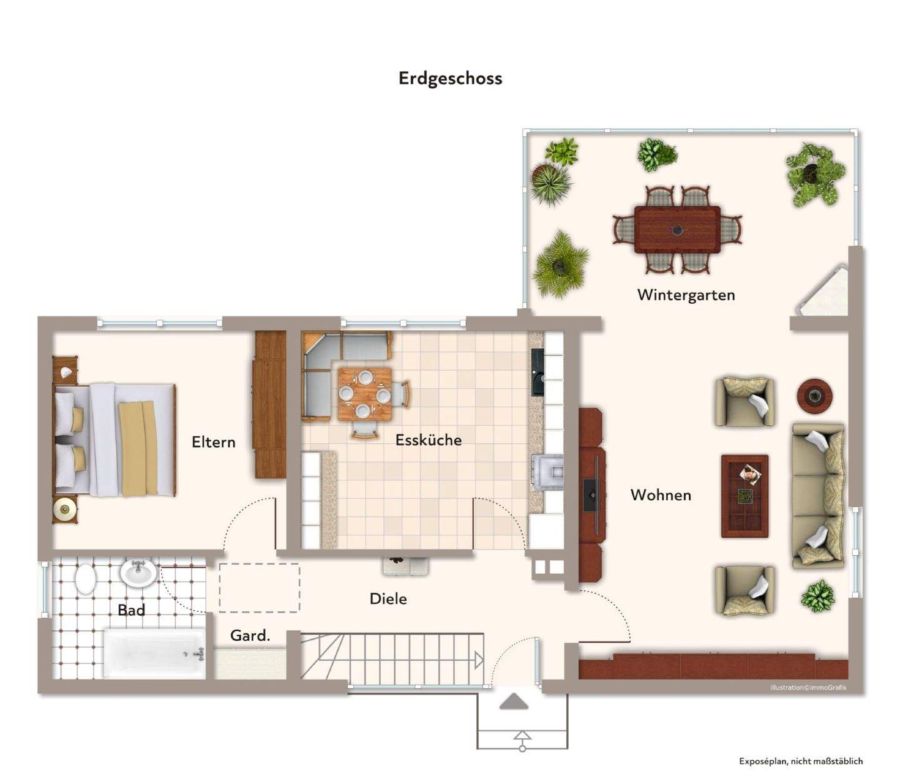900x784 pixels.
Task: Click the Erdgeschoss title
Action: click(x=450, y=78)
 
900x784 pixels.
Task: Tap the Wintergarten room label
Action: click(x=686, y=294)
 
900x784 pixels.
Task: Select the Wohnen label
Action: click(x=661, y=495)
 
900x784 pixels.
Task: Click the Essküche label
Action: click(x=428, y=440)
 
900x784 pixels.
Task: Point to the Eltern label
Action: click(x=213, y=442)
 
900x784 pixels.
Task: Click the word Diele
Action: click(x=388, y=599)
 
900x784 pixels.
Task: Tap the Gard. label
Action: click(x=250, y=636)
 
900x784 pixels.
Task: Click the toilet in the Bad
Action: click(x=86, y=579)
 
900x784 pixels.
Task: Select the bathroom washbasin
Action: click(x=138, y=573)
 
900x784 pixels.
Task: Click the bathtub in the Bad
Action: click(x=154, y=653)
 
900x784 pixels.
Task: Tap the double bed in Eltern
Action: click(x=116, y=440)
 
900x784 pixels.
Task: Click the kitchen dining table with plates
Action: click(x=364, y=395)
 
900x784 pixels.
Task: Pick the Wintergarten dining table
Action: click(x=677, y=229)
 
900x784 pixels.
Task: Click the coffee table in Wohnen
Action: click(x=744, y=496)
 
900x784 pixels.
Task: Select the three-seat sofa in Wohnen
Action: click(x=818, y=496)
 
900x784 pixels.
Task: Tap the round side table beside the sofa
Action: click(x=814, y=396)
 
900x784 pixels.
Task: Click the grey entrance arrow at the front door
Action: click(x=514, y=701)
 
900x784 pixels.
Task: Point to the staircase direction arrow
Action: click(x=478, y=660)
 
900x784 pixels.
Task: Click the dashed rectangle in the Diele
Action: click(x=259, y=588)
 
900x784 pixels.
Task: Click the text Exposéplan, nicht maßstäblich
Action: click(x=801, y=761)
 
